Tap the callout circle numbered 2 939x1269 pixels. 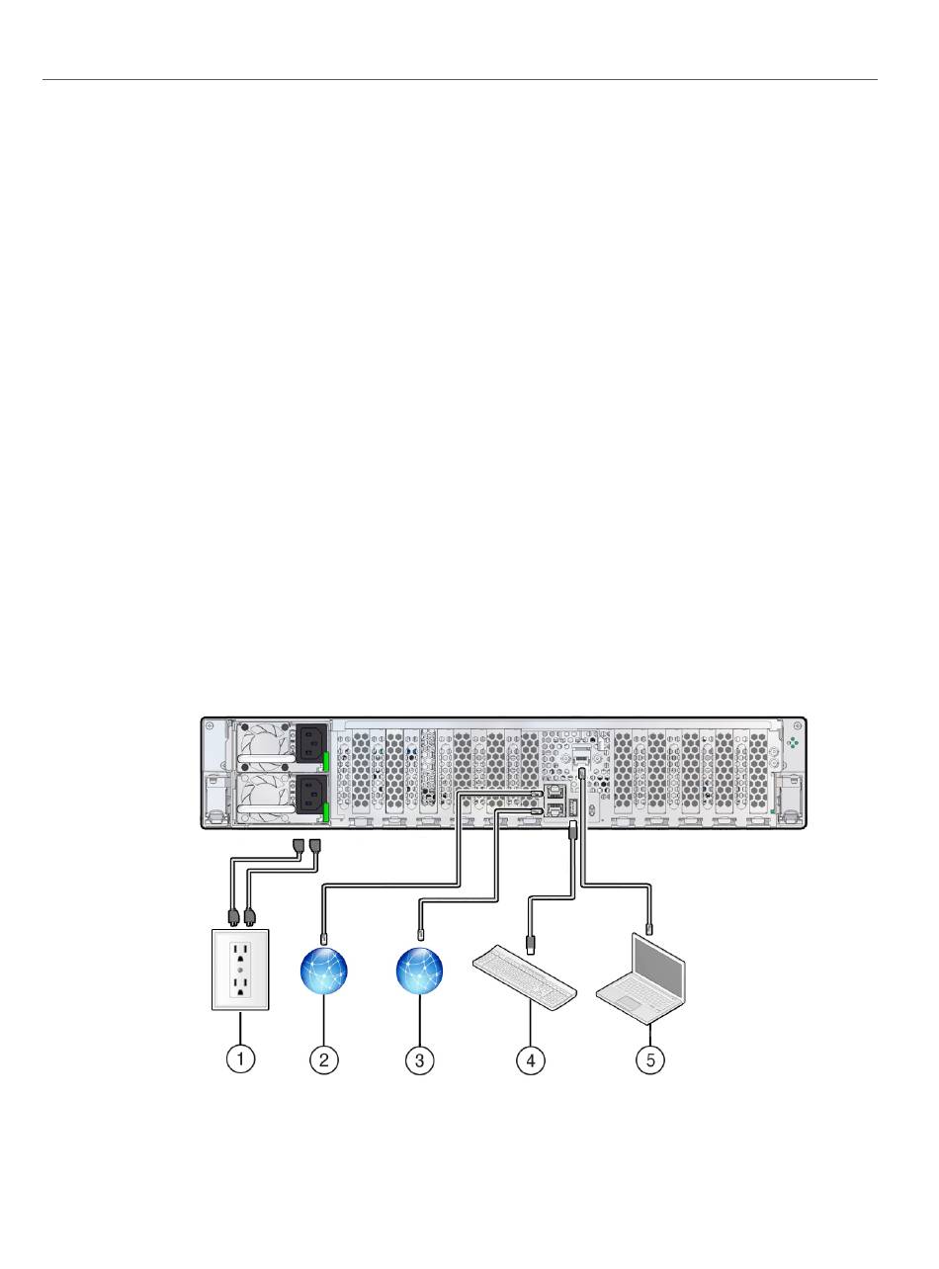[x=324, y=1059]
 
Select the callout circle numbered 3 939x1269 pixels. [x=420, y=1059]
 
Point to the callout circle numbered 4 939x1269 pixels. [x=531, y=1059]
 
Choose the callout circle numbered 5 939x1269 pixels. [x=649, y=1059]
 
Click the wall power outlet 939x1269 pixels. [x=239, y=969]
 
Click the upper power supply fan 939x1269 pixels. [x=259, y=744]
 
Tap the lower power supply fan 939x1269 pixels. [x=259, y=795]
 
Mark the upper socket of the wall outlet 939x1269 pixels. [x=239, y=950]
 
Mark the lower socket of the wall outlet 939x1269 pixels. [x=239, y=986]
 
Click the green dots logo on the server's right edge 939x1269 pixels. [x=792, y=741]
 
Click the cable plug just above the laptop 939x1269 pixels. [x=649, y=928]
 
